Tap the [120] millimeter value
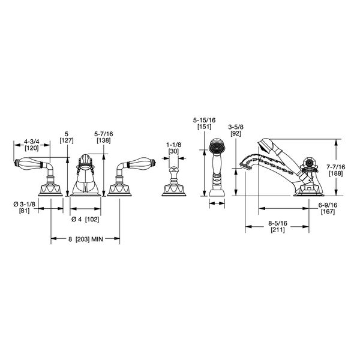click(32, 148)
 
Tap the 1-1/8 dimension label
click(173, 145)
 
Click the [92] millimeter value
click(235, 134)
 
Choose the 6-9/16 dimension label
click(327, 205)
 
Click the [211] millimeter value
click(277, 229)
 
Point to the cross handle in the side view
click(310, 163)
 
